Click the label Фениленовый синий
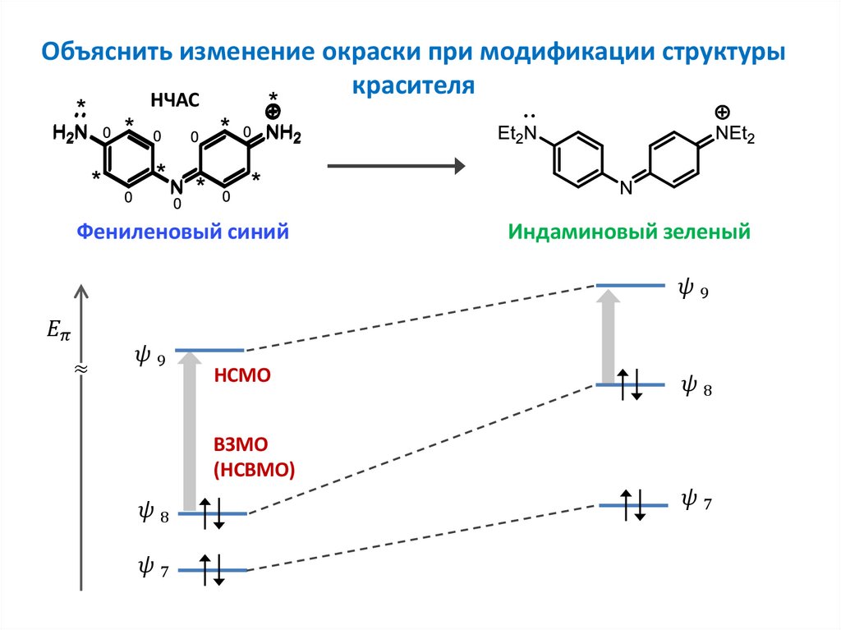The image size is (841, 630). click(x=182, y=232)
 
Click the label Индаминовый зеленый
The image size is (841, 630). click(x=629, y=232)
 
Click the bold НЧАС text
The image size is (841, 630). click(x=175, y=101)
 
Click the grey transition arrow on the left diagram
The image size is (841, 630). click(x=189, y=431)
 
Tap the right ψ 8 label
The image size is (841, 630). click(x=696, y=387)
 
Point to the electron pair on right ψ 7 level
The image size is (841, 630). click(x=632, y=504)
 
